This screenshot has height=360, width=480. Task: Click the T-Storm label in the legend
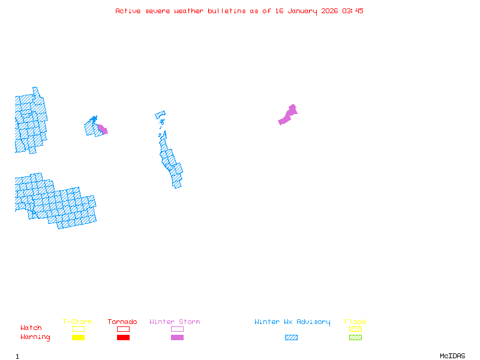point(77,322)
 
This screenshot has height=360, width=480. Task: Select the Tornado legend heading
point(122,322)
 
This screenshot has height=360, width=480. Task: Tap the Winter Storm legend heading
point(175,322)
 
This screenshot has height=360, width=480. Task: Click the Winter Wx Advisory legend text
point(292,322)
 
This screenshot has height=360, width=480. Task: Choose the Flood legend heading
point(355,322)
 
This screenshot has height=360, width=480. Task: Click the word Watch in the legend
point(31,328)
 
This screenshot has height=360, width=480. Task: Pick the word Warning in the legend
point(35,337)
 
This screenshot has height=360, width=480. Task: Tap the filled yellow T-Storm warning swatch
point(78,338)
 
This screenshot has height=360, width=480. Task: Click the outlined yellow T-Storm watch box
point(78,329)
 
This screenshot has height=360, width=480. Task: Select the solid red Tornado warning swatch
point(123,338)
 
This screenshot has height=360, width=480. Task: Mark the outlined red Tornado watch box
point(123,329)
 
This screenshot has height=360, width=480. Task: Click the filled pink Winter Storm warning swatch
point(177,338)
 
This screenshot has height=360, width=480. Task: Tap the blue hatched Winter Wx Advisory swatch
point(291,338)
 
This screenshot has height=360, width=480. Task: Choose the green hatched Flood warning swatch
point(355,338)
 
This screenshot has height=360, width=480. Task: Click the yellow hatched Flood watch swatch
point(355,329)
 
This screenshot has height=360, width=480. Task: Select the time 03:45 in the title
point(353,11)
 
